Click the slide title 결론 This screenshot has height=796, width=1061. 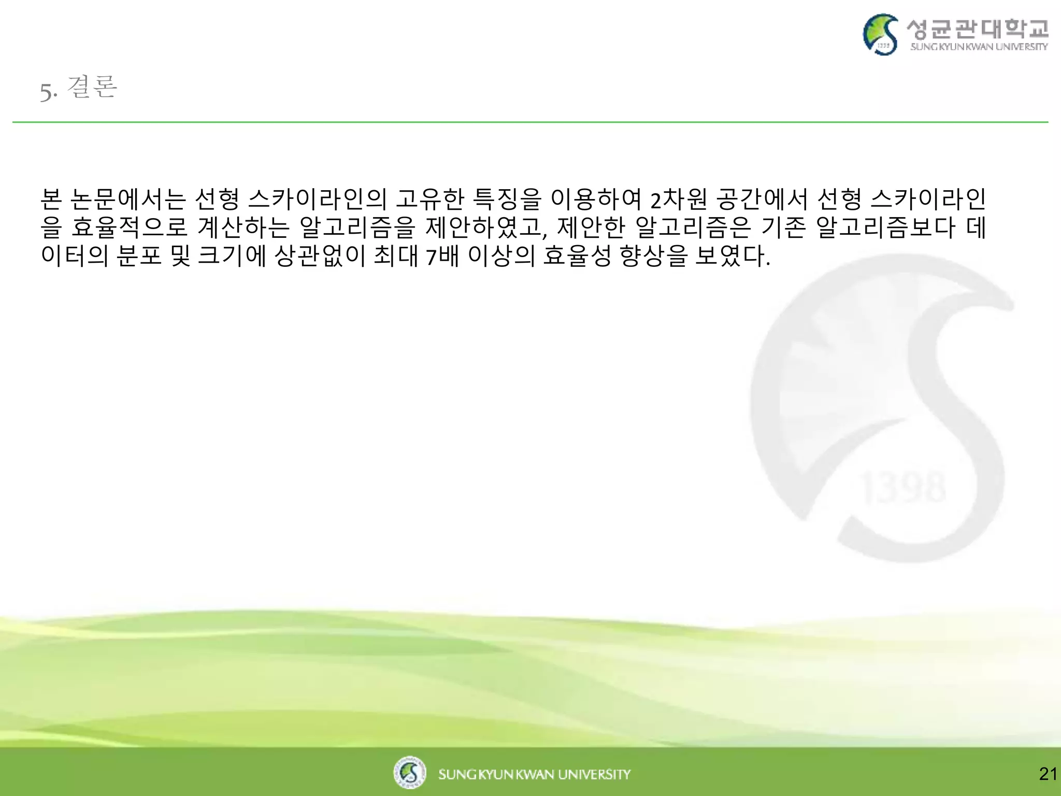(92, 87)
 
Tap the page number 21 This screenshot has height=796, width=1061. (1048, 774)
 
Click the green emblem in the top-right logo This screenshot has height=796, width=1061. (880, 34)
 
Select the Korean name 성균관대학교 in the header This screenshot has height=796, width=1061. (978, 29)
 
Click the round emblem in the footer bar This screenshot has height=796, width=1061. (409, 772)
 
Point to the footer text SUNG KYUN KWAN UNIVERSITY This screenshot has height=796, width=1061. (534, 774)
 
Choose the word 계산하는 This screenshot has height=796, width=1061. (243, 228)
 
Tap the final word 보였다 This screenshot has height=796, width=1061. (733, 256)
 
